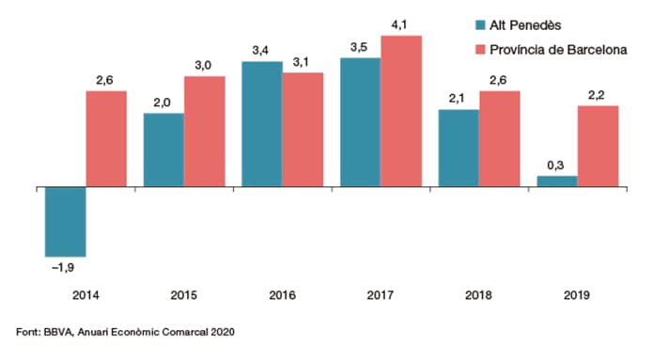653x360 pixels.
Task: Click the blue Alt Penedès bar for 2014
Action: coord(66,222)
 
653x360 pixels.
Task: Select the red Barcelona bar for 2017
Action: coord(401,111)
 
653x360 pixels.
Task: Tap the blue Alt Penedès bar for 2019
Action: coord(557,181)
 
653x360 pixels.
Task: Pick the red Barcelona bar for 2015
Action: coord(205,132)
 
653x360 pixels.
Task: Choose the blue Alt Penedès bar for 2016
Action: coord(262,124)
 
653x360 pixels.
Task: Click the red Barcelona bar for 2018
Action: coord(500,139)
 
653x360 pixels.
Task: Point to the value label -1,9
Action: coord(63,268)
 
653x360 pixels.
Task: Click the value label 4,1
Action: coord(399,25)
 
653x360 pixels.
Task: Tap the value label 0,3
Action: coord(555,165)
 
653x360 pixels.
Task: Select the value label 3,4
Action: coord(260,51)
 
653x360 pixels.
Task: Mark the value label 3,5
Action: coord(359,48)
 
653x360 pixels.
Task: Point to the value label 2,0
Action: coord(162,102)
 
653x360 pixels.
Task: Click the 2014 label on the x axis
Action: coord(86,295)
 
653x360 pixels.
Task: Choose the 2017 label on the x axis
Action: coord(381,295)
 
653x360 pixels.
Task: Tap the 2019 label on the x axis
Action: coord(577,295)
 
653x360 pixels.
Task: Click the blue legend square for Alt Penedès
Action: coord(480,25)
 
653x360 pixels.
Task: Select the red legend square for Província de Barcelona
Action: coord(480,50)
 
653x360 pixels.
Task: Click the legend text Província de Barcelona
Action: coord(558,50)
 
